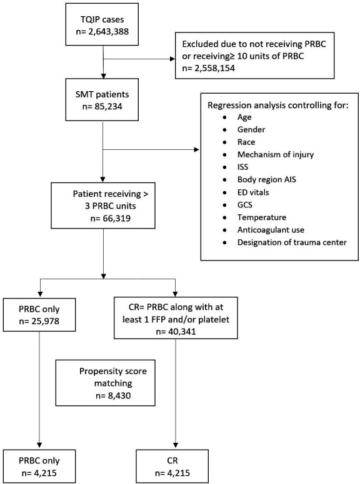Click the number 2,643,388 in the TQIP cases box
click(x=109, y=31)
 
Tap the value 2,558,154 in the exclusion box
click(x=214, y=68)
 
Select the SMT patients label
click(x=102, y=94)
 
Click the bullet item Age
click(x=244, y=117)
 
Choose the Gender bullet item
click(x=251, y=129)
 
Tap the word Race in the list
click(x=246, y=142)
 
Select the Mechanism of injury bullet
click(x=276, y=154)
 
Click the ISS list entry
click(x=243, y=167)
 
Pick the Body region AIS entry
click(x=267, y=179)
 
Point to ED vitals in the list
click(x=253, y=192)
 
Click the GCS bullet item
click(x=245, y=205)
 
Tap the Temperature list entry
click(x=262, y=217)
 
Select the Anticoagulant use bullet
click(x=271, y=230)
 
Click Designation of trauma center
click(x=292, y=242)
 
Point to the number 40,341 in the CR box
click(x=181, y=332)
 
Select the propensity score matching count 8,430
click(x=117, y=395)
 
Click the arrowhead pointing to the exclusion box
click(x=172, y=59)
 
